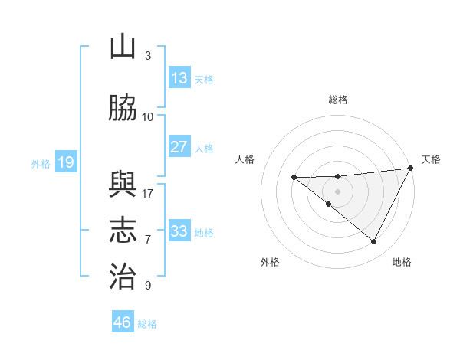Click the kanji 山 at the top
[123, 47]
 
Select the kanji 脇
[123, 109]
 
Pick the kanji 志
[123, 231]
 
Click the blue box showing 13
[179, 78]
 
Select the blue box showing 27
[179, 147]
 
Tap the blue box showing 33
[179, 231]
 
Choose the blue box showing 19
[65, 162]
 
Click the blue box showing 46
[123, 322]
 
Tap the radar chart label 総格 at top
[337, 100]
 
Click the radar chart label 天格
[431, 159]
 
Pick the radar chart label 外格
[270, 262]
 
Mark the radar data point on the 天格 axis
[411, 168]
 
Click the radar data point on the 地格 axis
[374, 242]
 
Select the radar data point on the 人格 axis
[294, 178]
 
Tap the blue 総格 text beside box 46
[147, 324]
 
